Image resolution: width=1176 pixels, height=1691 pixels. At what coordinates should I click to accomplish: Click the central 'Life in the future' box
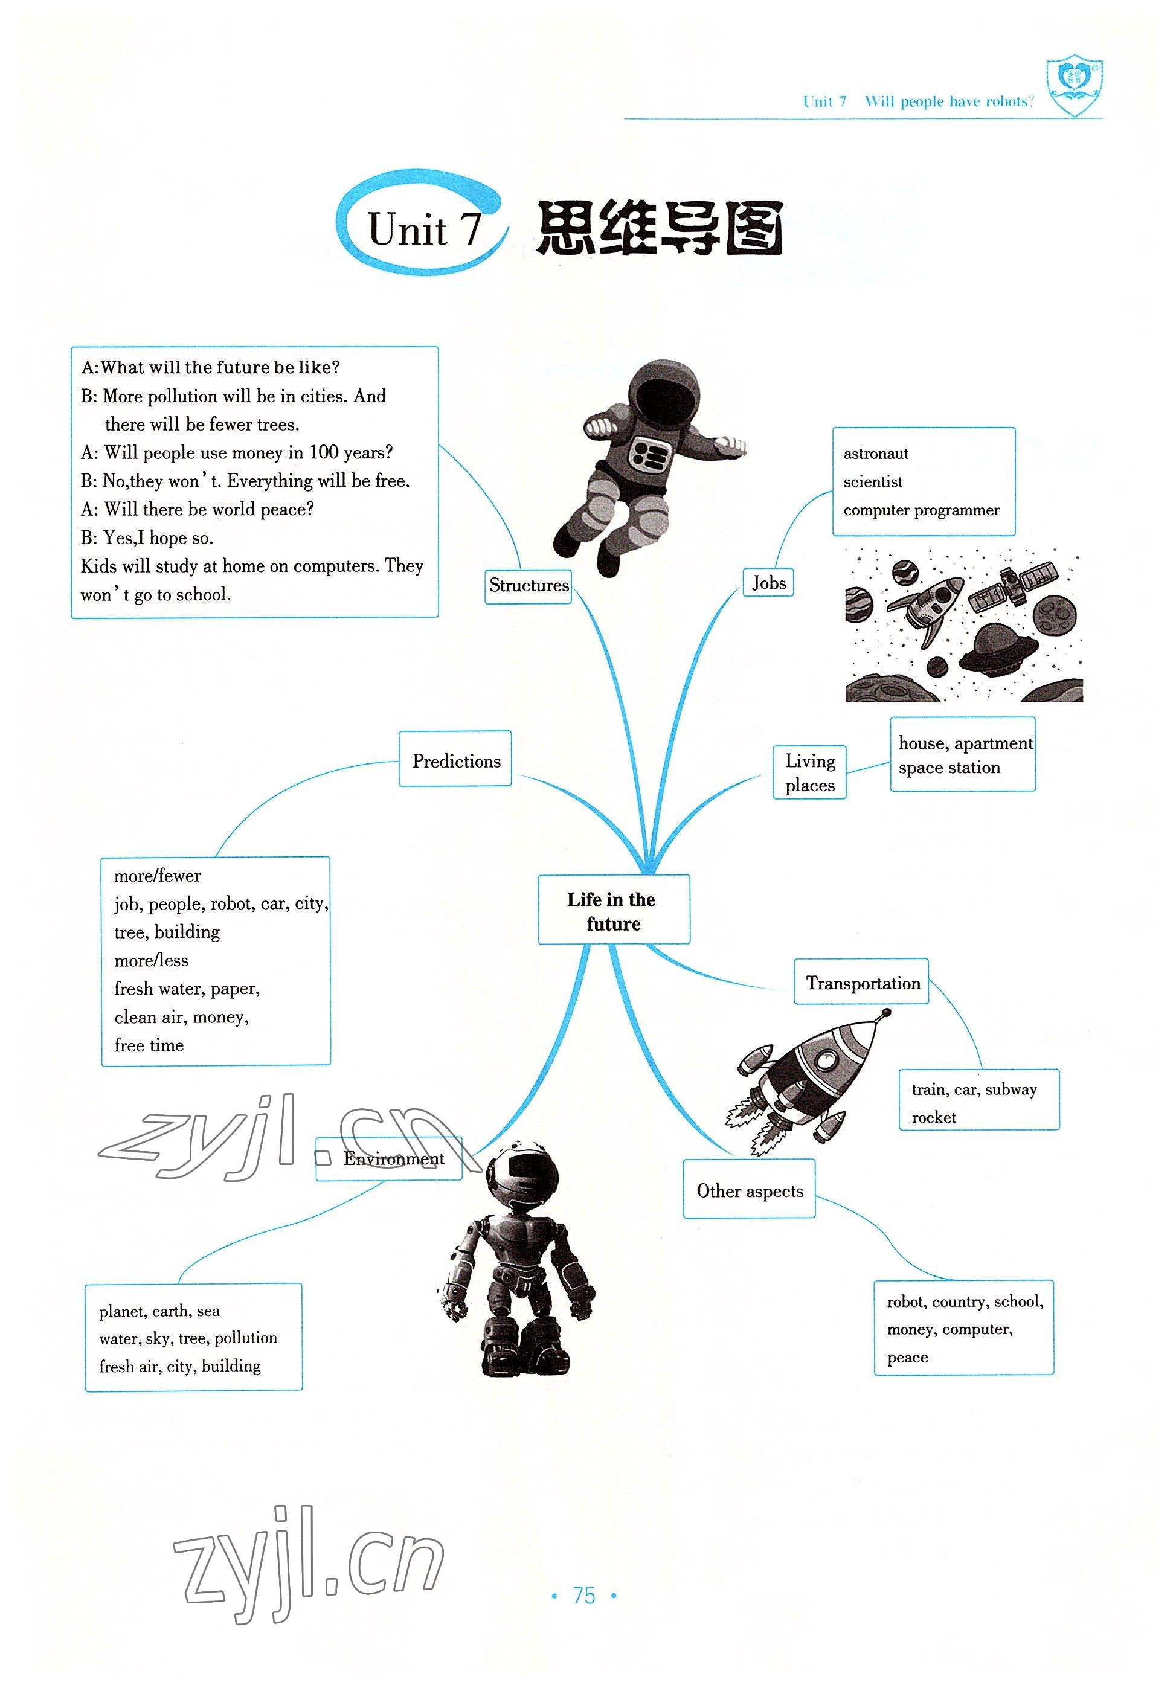(614, 910)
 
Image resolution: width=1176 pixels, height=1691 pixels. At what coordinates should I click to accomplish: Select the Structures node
(528, 586)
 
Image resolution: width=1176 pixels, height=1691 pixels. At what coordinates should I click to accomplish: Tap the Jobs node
(768, 583)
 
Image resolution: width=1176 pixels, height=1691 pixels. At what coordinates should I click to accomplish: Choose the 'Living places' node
(809, 772)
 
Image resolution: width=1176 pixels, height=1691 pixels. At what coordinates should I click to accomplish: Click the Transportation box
(861, 983)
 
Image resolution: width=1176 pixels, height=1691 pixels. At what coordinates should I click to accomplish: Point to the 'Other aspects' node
(749, 1191)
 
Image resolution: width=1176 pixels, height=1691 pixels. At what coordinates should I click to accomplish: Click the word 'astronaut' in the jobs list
(876, 454)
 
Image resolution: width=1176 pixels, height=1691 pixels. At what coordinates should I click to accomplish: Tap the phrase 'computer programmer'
(921, 510)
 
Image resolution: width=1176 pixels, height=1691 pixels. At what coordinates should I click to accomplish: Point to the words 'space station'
(948, 768)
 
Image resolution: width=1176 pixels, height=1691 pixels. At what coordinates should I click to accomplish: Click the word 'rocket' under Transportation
(933, 1117)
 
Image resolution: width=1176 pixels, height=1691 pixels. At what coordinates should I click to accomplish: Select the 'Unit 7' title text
(424, 229)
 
